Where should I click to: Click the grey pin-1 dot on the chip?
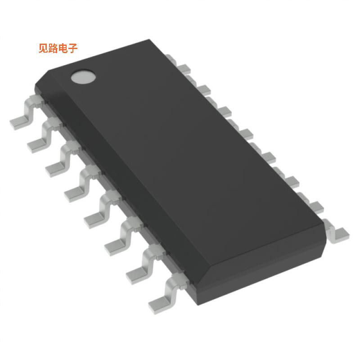coord(83,76)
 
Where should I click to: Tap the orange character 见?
coord(44,49)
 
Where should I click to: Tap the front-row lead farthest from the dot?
coord(162,295)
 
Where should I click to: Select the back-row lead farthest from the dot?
coord(338,234)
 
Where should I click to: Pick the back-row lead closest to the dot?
coord(171,59)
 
